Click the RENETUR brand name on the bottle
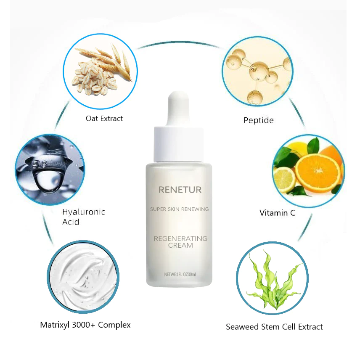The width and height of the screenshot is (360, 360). pyautogui.click(x=180, y=190)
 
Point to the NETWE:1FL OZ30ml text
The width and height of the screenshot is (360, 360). pyautogui.click(x=180, y=275)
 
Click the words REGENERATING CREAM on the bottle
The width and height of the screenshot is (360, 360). pyautogui.click(x=180, y=242)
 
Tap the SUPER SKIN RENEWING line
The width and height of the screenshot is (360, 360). pyautogui.click(x=180, y=209)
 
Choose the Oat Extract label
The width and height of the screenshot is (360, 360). pyautogui.click(x=104, y=119)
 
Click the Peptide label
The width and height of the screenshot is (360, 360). pyautogui.click(x=259, y=121)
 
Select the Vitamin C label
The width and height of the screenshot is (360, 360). pyautogui.click(x=277, y=213)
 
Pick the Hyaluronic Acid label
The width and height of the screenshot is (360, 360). pyautogui.click(x=83, y=217)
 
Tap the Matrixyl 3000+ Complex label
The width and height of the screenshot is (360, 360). pyautogui.click(x=85, y=325)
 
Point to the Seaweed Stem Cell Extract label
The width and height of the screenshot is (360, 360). pyautogui.click(x=274, y=327)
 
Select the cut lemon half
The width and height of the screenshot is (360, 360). pyautogui.click(x=285, y=180)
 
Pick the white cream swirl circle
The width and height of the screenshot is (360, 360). pyautogui.click(x=83, y=276)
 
